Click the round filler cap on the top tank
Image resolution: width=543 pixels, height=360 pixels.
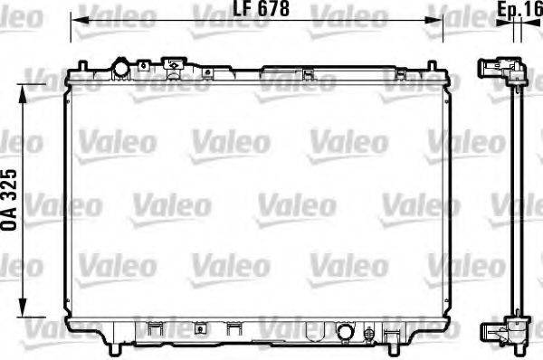(121, 68)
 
